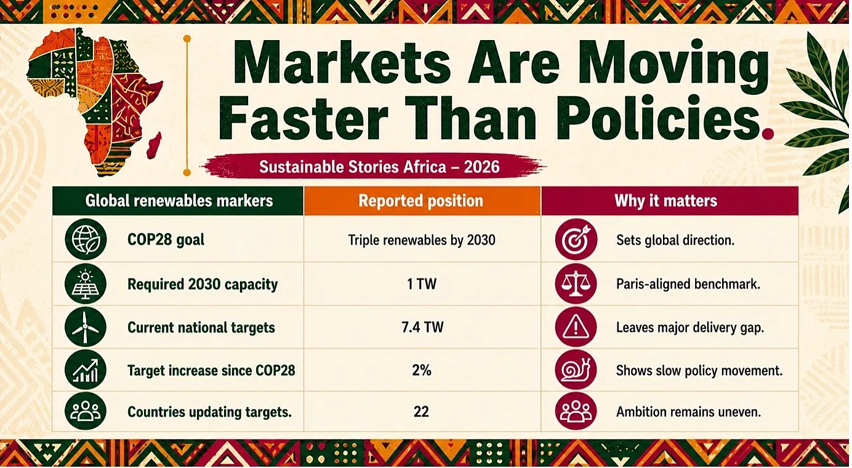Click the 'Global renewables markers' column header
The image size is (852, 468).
(179, 201)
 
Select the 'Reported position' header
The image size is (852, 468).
(420, 201)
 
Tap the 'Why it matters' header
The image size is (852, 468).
(665, 201)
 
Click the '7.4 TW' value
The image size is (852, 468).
(422, 327)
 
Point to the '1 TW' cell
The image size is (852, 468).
(422, 284)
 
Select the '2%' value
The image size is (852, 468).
(422, 370)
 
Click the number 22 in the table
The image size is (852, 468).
(421, 412)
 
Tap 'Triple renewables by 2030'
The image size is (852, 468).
(422, 240)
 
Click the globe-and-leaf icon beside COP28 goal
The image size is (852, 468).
(85, 240)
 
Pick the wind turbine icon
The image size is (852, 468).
(85, 327)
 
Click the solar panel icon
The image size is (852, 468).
(85, 284)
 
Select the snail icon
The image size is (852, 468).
(576, 370)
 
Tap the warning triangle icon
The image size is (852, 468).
(576, 327)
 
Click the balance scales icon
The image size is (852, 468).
(576, 284)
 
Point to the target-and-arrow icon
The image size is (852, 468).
(576, 240)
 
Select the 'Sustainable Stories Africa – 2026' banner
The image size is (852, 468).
(375, 167)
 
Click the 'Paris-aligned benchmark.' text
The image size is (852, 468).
(688, 284)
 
